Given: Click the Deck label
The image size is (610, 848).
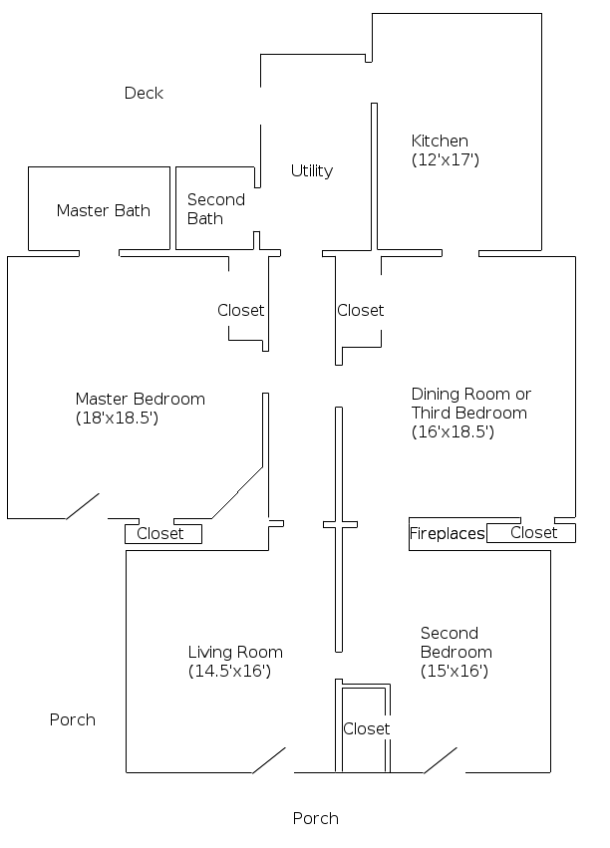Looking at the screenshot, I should [144, 93].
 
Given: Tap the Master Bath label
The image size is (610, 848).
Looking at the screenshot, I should [103, 210].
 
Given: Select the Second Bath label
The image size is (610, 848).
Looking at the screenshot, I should [215, 209].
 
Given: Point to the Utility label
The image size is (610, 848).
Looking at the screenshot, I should [311, 170].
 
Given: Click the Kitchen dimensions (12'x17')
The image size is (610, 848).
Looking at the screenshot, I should [446, 159].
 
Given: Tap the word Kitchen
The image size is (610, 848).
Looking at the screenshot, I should [440, 141].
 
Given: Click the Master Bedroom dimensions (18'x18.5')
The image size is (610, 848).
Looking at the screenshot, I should [117, 419].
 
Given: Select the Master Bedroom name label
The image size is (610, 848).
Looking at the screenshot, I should [140, 399].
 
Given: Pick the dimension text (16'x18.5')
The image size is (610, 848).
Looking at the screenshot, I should [454, 432].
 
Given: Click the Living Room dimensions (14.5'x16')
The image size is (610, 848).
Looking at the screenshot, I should [229, 672].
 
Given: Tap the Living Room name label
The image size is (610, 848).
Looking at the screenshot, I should [234, 653].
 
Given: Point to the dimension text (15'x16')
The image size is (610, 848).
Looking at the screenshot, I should [454, 672].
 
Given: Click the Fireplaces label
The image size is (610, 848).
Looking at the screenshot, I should [447, 534].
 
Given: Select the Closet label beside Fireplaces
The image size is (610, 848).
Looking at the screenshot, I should [533, 533].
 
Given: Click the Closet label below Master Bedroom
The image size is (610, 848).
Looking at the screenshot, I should [160, 534].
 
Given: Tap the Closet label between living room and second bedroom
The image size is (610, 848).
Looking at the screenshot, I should [366, 728].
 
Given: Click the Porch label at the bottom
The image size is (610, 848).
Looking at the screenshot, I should [315, 818].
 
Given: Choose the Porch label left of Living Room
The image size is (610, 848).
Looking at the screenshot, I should [73, 719].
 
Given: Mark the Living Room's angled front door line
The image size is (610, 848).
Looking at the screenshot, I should [269, 760].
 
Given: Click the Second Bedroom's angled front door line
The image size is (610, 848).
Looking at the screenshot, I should [441, 760].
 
